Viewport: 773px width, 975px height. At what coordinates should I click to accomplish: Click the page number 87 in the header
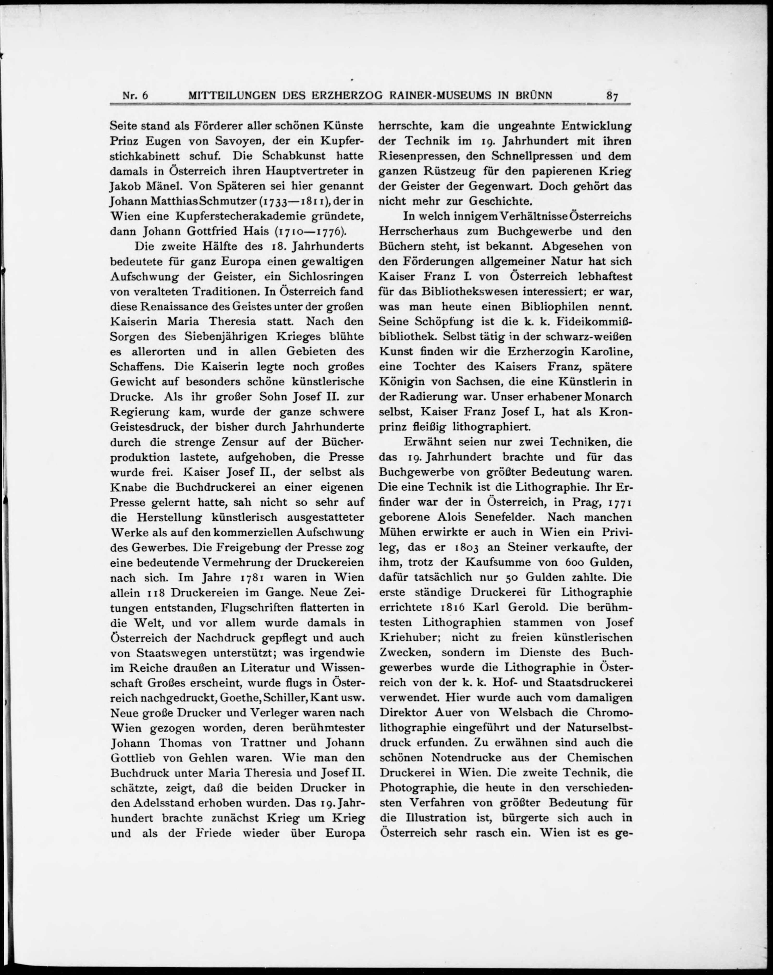(612, 96)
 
